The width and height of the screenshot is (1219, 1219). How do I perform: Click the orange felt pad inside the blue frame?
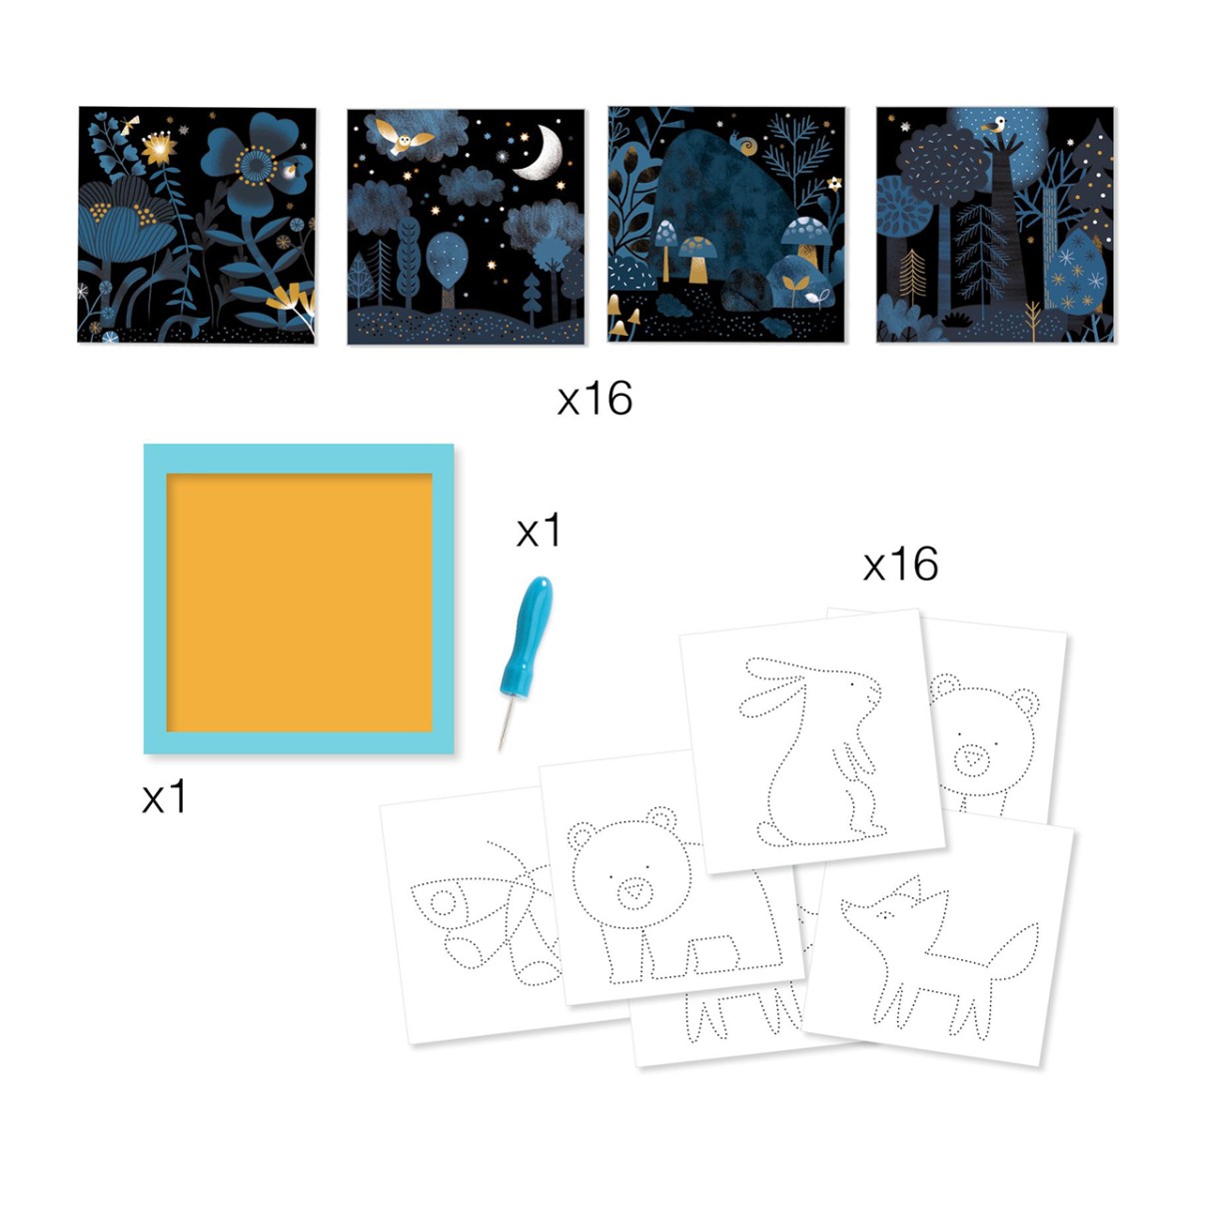pyautogui.click(x=299, y=603)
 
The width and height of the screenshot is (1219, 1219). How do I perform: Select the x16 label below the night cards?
pyautogui.click(x=595, y=399)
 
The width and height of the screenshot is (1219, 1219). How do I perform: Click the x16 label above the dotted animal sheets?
pyautogui.click(x=900, y=565)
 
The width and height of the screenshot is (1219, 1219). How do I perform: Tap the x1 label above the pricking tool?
pyautogui.click(x=539, y=531)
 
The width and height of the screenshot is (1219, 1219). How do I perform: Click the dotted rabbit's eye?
pyautogui.click(x=851, y=684)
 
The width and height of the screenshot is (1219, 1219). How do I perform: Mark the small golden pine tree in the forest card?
pyautogui.click(x=911, y=275)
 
